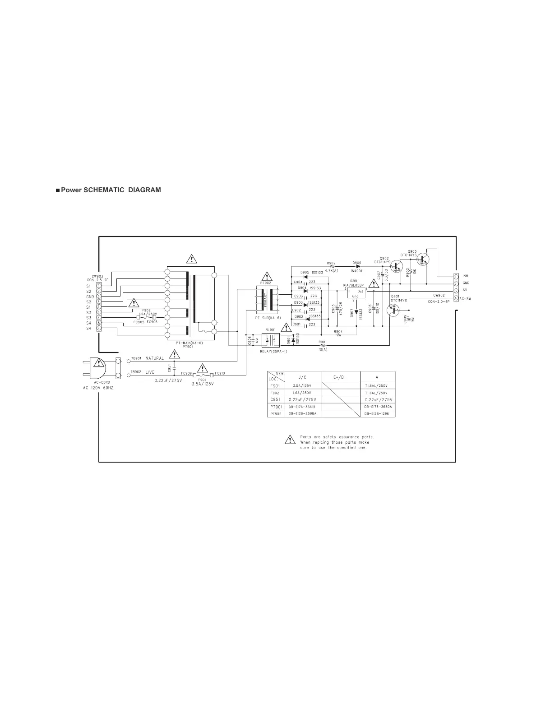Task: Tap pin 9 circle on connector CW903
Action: (98, 328)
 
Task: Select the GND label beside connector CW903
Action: (90, 297)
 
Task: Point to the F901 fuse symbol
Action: (203, 375)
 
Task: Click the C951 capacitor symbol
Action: (175, 368)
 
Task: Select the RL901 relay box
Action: (272, 339)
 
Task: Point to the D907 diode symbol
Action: (357, 312)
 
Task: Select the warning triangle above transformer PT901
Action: (192, 259)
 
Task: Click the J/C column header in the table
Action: (302, 377)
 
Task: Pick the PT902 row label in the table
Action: (276, 414)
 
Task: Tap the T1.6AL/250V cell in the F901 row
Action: (378, 385)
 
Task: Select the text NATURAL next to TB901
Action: (155, 358)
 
